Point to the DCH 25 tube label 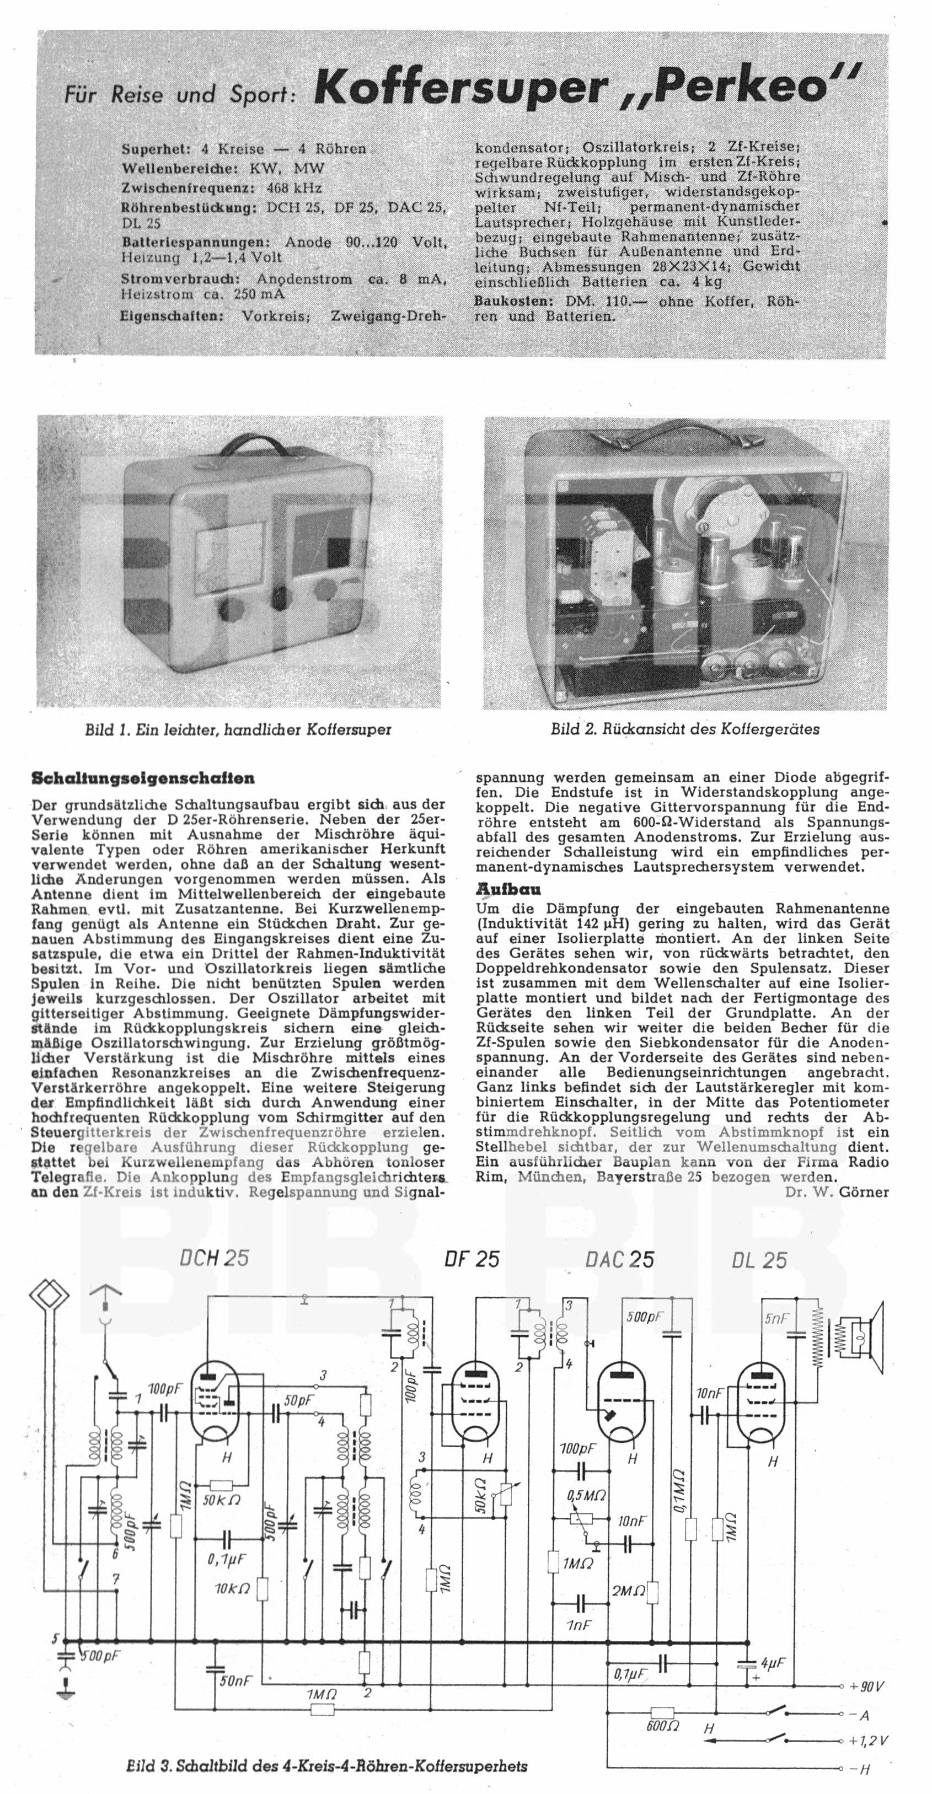tap(214, 1257)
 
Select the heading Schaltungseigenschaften tap(143, 778)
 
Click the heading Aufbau tap(498, 889)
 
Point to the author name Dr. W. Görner tap(836, 1191)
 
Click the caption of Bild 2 tap(685, 729)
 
